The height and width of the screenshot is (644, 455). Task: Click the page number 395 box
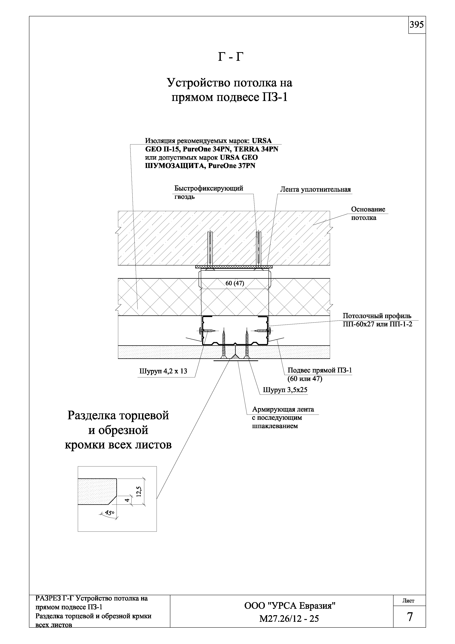click(x=417, y=25)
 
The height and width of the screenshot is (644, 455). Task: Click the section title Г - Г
click(x=230, y=57)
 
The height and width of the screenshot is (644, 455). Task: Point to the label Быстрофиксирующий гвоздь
click(x=209, y=192)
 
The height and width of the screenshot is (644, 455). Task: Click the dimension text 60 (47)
click(x=235, y=283)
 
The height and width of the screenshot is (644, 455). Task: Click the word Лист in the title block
click(x=408, y=608)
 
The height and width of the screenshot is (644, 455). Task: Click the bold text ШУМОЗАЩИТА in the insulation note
click(x=175, y=166)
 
